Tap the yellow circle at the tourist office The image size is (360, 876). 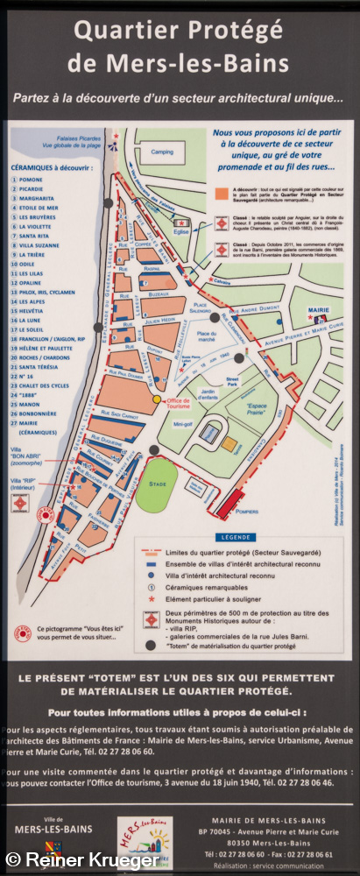[158, 399]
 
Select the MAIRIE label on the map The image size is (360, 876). [317, 310]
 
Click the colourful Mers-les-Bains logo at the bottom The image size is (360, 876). [145, 838]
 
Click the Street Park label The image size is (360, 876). [231, 381]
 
